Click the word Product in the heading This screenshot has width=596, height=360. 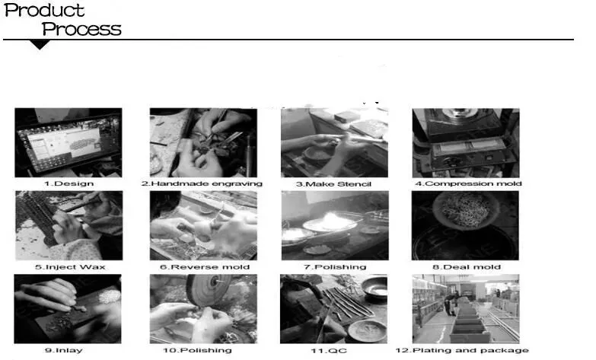click(44, 10)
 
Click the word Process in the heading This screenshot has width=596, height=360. click(81, 29)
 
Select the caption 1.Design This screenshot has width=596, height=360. click(69, 183)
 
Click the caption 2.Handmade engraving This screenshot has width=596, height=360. click(202, 183)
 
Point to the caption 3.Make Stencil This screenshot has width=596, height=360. click(333, 184)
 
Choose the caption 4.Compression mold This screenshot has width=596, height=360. click(468, 183)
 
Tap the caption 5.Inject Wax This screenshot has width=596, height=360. click(70, 267)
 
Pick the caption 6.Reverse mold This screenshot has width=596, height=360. click(205, 267)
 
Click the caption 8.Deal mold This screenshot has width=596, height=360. click(467, 267)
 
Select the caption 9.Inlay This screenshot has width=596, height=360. click(64, 350)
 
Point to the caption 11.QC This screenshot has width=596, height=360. click(329, 351)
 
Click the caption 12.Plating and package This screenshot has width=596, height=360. click(462, 350)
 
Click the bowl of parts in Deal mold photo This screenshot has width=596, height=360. click(465, 210)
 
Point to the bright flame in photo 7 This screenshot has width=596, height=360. click(333, 220)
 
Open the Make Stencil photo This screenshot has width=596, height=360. click(334, 142)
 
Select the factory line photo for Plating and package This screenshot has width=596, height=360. click(466, 309)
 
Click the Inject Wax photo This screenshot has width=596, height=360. click(69, 225)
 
